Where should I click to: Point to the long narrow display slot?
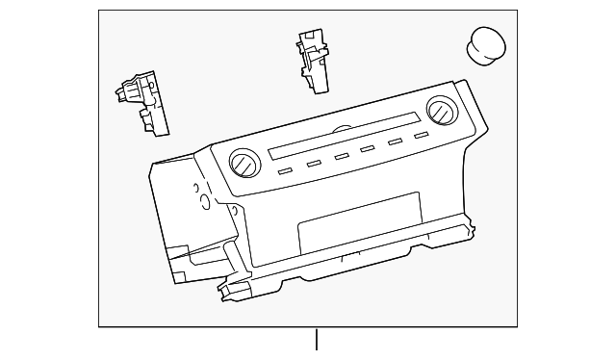[343, 139]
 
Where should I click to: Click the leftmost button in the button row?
[285, 171]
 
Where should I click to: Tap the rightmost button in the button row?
[421, 136]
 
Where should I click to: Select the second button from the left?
[314, 164]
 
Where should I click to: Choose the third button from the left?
[342, 157]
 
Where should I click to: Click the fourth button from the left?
[368, 149]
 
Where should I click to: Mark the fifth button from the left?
[395, 142]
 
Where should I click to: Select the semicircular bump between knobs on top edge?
[342, 128]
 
